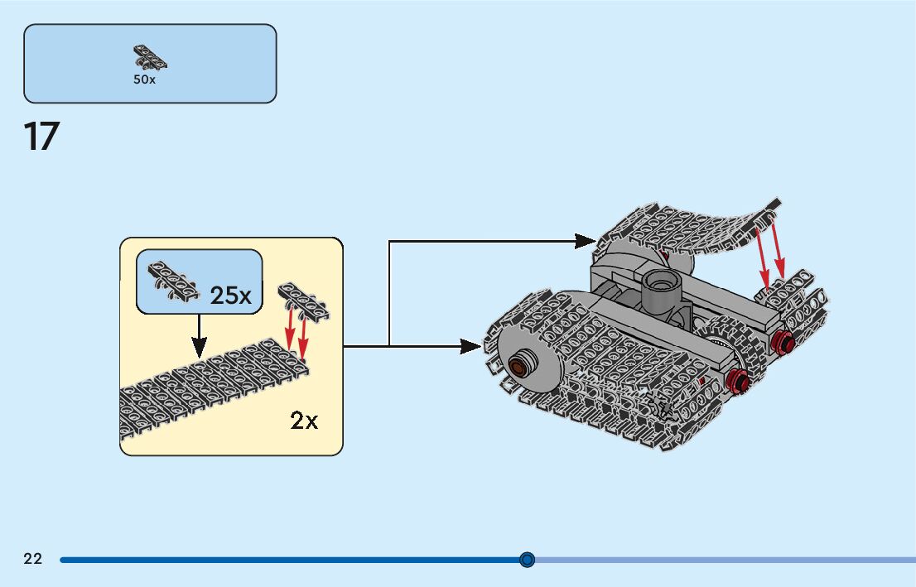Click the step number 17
pos(41,137)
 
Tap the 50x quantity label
pos(144,79)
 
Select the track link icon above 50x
pos(150,57)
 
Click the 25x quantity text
pos(230,296)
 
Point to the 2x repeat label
pos(304,421)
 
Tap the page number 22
pos(33,559)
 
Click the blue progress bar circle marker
pos(527,560)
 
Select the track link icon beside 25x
pos(174,281)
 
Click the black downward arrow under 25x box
pos(200,336)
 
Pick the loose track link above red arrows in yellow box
pos(303,302)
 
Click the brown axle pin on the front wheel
pos(518,366)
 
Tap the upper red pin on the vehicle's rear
pos(782,341)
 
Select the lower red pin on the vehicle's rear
pos(738,381)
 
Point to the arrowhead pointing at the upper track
pos(585,241)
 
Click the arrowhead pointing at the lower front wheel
pos(471,346)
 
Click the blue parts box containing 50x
pos(150,64)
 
